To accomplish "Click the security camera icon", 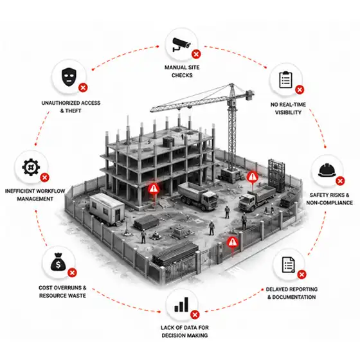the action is click(x=181, y=44).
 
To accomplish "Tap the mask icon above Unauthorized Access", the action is click(x=69, y=77).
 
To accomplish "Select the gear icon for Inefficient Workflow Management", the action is click(x=31, y=167).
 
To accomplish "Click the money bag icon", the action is click(x=59, y=262).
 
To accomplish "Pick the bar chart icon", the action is click(x=181, y=305).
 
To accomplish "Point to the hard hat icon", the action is click(x=327, y=170).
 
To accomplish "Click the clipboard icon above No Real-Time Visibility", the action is click(x=286, y=80).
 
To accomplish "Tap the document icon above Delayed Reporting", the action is click(x=289, y=265).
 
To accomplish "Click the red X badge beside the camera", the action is click(x=196, y=55).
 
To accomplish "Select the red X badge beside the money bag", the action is click(x=72, y=273).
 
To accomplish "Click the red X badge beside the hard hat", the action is click(x=340, y=181).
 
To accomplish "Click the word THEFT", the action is click(x=73, y=111).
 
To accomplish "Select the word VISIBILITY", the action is click(x=288, y=113).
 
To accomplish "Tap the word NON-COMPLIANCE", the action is click(x=329, y=203).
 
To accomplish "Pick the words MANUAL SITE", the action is click(x=182, y=67).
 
